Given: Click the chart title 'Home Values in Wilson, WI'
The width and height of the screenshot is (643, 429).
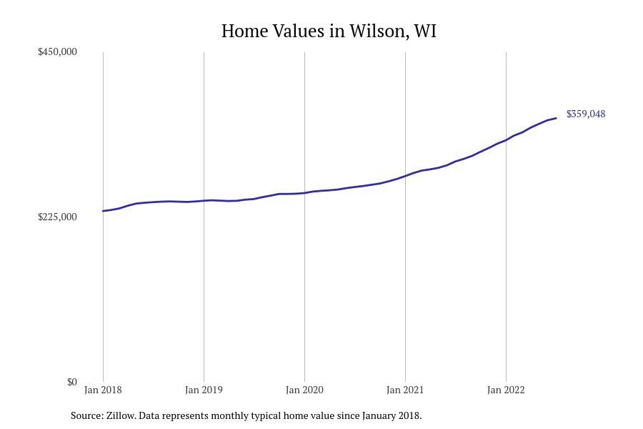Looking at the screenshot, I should pyautogui.click(x=329, y=31).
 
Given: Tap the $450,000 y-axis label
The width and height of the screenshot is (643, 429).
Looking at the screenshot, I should pyautogui.click(x=57, y=52).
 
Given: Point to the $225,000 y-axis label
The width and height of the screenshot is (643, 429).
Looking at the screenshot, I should pyautogui.click(x=57, y=217).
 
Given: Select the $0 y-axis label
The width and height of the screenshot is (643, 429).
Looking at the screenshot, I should pyautogui.click(x=71, y=383).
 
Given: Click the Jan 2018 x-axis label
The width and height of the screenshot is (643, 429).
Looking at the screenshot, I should pyautogui.click(x=103, y=390).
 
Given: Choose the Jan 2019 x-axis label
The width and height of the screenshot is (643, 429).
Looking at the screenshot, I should pyautogui.click(x=204, y=390).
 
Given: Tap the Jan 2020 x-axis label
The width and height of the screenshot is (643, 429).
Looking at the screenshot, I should pyautogui.click(x=304, y=390).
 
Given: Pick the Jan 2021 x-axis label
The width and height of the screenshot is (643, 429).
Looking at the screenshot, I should pyautogui.click(x=405, y=390).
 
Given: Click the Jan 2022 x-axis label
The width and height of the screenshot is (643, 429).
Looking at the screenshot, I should pyautogui.click(x=506, y=390).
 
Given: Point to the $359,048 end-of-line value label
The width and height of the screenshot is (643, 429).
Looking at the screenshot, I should pyautogui.click(x=586, y=114).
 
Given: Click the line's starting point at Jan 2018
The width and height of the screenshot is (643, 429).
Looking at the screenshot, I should pyautogui.click(x=104, y=211).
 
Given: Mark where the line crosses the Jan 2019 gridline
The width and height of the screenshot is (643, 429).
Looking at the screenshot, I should pyautogui.click(x=204, y=200).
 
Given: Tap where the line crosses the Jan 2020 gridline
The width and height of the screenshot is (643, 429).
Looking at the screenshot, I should pyautogui.click(x=304, y=193).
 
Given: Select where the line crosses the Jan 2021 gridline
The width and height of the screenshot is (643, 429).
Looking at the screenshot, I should pyautogui.click(x=405, y=175).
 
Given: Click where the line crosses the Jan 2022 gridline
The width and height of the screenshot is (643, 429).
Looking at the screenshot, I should pyautogui.click(x=506, y=139).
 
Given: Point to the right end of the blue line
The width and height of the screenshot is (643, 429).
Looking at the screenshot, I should pyautogui.click(x=556, y=118).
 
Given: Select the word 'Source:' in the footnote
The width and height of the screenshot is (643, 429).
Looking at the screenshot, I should pyautogui.click(x=86, y=415).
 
